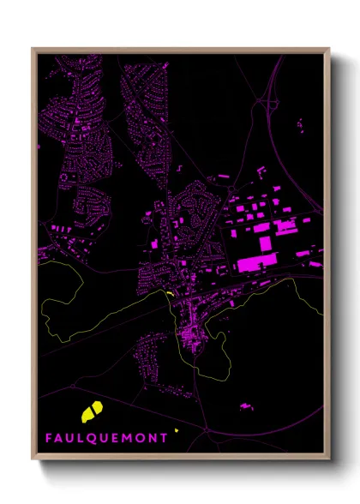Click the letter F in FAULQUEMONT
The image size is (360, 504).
point(49,437)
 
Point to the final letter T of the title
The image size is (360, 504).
point(164,437)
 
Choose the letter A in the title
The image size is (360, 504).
point(60,437)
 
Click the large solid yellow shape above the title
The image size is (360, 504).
point(92,411)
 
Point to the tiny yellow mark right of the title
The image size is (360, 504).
point(176,429)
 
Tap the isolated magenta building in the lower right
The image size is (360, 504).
point(247,405)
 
